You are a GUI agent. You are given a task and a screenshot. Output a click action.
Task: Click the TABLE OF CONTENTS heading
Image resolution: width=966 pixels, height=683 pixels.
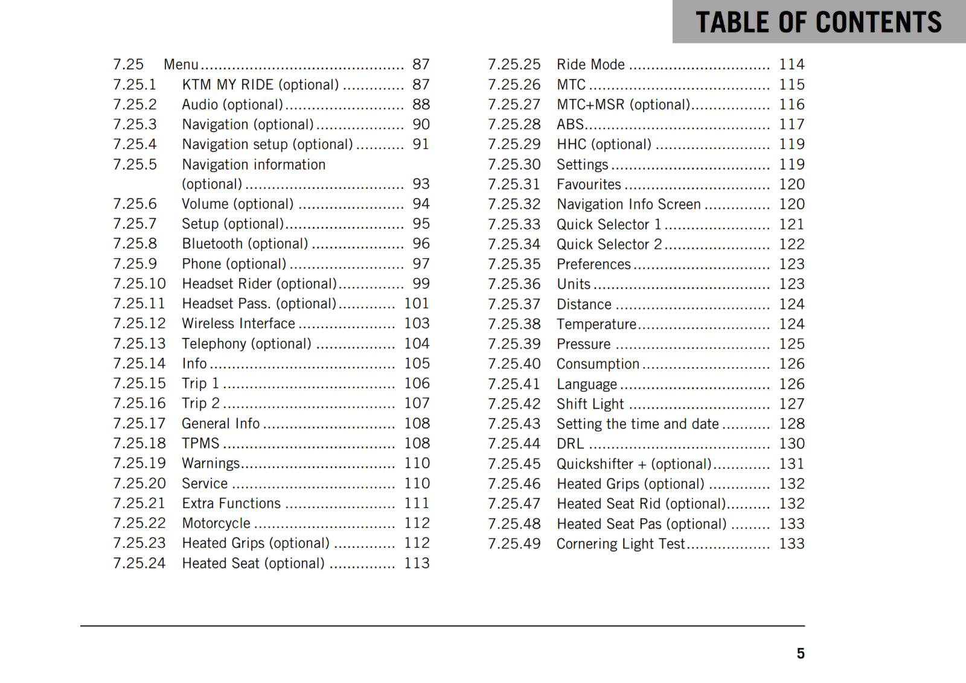point(818,22)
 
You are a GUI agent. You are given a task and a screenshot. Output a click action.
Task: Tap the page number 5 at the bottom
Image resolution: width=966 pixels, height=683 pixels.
point(800,653)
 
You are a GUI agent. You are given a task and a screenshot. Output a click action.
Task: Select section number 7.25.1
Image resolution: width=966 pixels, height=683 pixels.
point(135,84)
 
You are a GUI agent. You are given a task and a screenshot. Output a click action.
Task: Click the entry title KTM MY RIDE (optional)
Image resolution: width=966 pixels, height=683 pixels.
point(260,84)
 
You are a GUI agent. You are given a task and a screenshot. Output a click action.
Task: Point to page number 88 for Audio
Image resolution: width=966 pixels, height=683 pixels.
point(421,104)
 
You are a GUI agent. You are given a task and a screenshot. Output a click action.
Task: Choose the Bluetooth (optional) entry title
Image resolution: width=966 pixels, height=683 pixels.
point(245,244)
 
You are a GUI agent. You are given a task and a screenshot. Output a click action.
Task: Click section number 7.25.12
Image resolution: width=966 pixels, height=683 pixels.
point(139,323)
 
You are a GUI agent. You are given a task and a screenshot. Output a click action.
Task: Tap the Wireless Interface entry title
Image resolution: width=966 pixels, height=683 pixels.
point(238,323)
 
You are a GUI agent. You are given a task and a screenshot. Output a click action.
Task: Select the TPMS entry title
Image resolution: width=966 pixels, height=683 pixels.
point(200,443)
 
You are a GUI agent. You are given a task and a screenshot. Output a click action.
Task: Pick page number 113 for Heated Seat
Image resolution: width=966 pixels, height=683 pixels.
point(417,563)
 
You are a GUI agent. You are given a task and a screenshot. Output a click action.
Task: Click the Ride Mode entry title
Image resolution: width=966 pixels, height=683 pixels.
point(590,65)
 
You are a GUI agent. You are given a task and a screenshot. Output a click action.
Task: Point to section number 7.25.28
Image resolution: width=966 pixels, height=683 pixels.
point(514,124)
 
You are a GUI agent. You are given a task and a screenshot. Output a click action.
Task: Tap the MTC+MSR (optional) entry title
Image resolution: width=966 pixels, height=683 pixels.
point(623,104)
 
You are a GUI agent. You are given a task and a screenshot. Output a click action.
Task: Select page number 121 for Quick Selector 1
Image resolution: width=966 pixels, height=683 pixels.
point(792,224)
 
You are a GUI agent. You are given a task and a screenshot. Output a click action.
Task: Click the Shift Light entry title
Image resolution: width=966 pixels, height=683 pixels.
point(590,404)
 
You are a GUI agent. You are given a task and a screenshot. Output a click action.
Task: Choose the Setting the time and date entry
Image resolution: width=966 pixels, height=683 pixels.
point(638,424)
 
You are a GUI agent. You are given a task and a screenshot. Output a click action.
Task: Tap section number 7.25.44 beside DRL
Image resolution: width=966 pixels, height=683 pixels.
point(514,443)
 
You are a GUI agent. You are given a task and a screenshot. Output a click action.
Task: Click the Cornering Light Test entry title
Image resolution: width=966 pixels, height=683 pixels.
point(621,544)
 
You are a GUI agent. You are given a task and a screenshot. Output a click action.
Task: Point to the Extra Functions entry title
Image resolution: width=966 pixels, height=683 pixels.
point(231,503)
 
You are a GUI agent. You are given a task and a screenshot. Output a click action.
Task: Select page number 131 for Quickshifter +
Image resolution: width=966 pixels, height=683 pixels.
point(792,463)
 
